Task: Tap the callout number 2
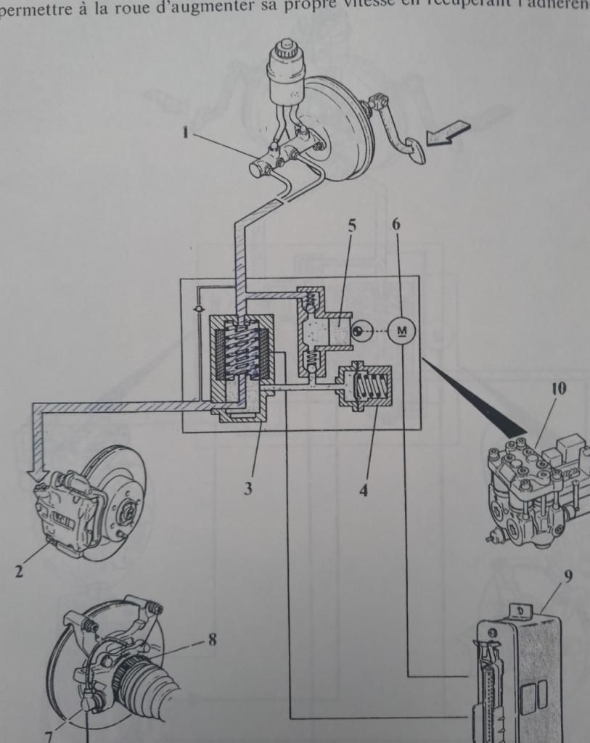coord(19,571)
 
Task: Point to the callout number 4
coord(363,490)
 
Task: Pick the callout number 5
coord(351,224)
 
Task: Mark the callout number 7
coord(48,735)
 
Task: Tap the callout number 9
coord(568,578)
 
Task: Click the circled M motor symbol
coord(401,332)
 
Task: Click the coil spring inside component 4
coord(372,384)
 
